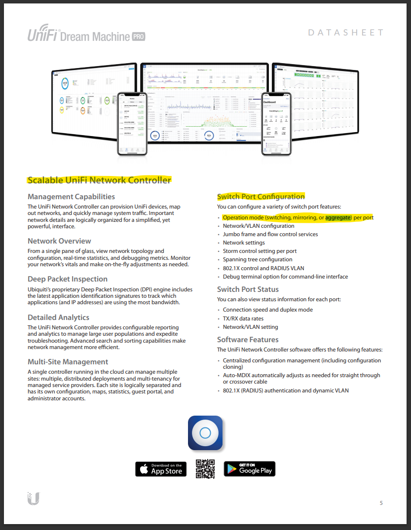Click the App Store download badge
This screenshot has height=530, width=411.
(x=161, y=469)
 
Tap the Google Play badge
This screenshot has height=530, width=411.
(x=249, y=469)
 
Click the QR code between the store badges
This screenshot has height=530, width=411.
(x=205, y=469)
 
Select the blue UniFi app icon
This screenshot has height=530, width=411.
(x=205, y=433)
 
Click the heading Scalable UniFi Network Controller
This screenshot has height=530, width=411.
(x=99, y=180)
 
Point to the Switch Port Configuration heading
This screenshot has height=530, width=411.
(x=261, y=197)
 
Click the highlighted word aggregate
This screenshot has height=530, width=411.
(x=337, y=217)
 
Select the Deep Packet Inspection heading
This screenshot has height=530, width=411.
(x=68, y=279)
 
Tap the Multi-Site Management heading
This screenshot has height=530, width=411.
(x=68, y=362)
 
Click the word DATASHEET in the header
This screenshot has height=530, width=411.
(x=345, y=33)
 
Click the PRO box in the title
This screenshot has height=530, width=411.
(x=138, y=36)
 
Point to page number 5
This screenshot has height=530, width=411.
(x=381, y=503)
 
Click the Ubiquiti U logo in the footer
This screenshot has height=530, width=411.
(x=34, y=498)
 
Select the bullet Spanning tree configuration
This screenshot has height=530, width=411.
(x=257, y=259)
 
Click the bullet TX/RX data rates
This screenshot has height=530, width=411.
(x=243, y=318)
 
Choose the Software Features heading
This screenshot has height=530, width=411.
(x=248, y=340)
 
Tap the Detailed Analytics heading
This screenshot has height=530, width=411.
(x=58, y=318)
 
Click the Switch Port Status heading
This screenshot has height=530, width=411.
(x=248, y=289)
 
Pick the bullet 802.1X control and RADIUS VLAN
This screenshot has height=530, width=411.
(x=263, y=268)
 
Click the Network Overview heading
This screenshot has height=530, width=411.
(x=59, y=241)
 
